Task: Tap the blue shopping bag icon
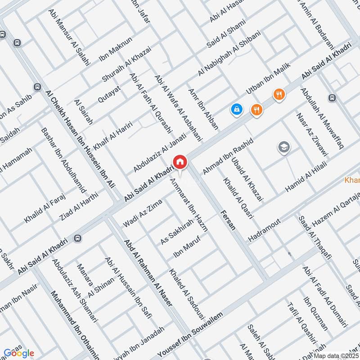click(236, 108)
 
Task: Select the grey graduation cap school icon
click(283, 147)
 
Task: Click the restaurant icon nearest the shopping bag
click(256, 109)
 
